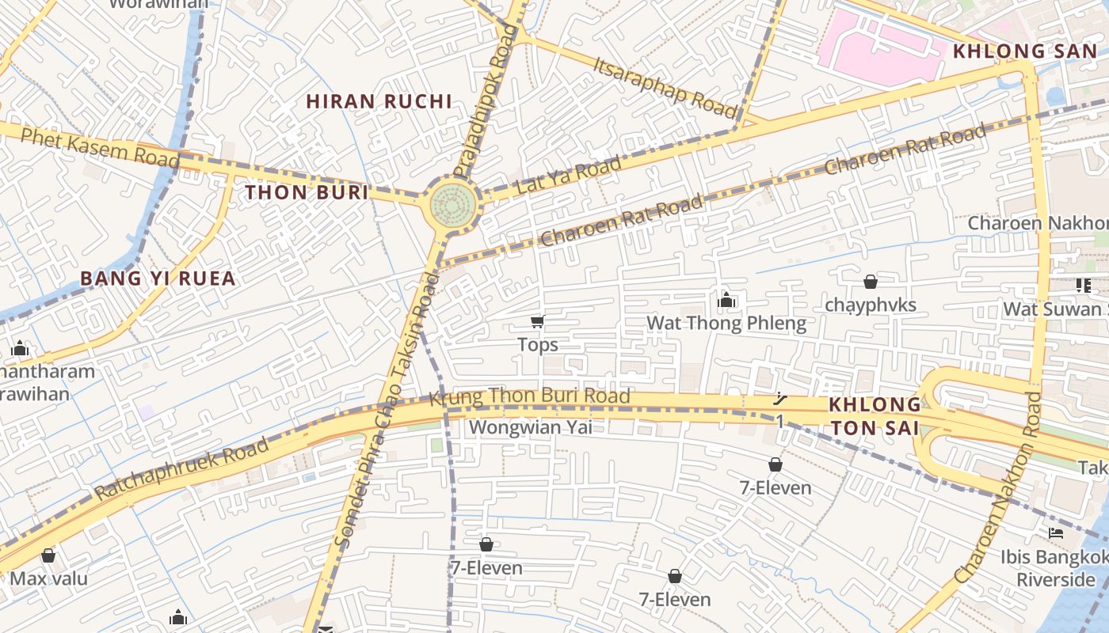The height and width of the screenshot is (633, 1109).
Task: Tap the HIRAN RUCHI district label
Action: click(x=379, y=101)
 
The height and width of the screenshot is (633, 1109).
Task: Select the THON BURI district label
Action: click(x=307, y=192)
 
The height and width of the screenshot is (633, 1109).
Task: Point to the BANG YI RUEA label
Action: click(x=158, y=279)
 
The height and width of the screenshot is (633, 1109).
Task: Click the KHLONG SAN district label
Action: click(x=1025, y=51)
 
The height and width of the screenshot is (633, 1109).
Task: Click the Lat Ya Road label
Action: click(x=568, y=176)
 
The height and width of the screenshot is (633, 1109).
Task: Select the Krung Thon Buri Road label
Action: click(x=529, y=396)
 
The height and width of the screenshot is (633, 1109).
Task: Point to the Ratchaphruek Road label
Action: click(x=181, y=469)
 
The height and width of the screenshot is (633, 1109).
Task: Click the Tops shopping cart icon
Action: click(x=538, y=321)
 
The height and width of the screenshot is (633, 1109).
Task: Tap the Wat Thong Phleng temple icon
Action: click(x=726, y=300)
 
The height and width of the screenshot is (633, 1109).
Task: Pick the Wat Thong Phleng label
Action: click(x=726, y=323)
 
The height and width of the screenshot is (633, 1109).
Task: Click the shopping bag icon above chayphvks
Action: click(x=870, y=282)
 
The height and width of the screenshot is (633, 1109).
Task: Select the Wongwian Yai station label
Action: click(x=530, y=427)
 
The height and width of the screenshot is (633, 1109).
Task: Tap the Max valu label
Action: click(x=48, y=578)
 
